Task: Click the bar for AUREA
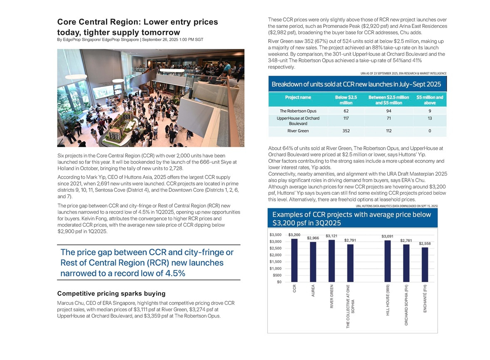click(313, 261)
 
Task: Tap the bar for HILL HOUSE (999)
click(388, 261)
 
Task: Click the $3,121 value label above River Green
click(332, 236)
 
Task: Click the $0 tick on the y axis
click(281, 282)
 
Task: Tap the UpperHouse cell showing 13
click(430, 119)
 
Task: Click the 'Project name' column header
click(298, 97)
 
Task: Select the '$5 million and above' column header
click(430, 100)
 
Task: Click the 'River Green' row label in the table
click(298, 131)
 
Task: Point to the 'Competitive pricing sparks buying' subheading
click(111, 293)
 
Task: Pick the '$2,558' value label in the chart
click(425, 243)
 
